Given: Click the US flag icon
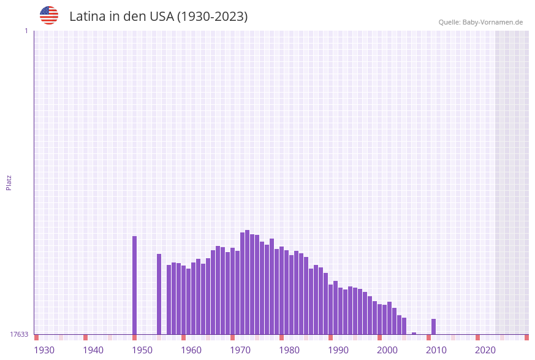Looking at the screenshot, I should [49, 15].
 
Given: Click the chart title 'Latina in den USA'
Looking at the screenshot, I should [158, 17].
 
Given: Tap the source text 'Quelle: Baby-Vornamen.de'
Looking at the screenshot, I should [480, 22].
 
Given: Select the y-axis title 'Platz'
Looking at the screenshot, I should [9, 182].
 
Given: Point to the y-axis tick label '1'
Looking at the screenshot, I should [26, 31].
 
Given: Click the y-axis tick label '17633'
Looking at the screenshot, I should [19, 334].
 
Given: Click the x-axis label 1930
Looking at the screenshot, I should [44, 350].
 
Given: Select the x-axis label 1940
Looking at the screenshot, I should [93, 350].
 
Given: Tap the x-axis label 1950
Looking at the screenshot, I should [142, 350].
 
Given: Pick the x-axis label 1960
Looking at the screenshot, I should [191, 350].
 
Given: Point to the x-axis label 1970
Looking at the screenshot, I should [240, 350].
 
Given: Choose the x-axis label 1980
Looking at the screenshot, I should [289, 350].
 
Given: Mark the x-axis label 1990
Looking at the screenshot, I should [338, 350].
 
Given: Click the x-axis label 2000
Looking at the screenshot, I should [387, 350].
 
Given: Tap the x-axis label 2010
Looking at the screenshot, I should [436, 350].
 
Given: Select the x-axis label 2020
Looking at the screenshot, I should [485, 350].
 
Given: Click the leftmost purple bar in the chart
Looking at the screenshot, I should [135, 285].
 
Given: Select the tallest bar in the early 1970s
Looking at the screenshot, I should [248, 282].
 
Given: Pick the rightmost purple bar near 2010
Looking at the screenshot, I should [434, 327].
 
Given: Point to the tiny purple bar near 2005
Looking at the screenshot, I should [414, 334].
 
